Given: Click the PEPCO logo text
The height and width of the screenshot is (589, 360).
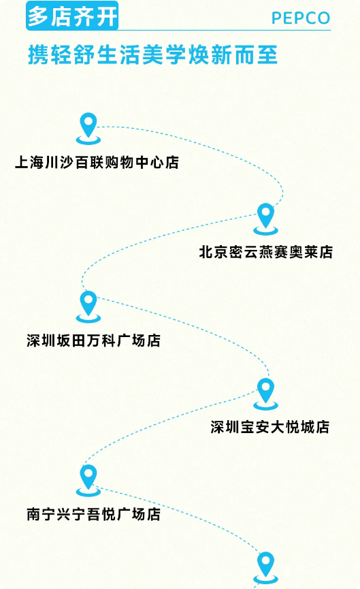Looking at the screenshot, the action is coord(301,18).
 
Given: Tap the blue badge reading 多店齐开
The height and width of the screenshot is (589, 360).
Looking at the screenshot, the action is coord(72,16).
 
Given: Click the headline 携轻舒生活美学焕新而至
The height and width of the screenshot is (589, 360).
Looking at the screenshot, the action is coord(153,55).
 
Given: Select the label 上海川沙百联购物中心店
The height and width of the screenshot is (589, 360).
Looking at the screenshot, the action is coord(97,163).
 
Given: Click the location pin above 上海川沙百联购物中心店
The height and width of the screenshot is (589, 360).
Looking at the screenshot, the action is coord(88,129).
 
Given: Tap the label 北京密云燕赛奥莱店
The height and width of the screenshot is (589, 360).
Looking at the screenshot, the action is coord(266,252).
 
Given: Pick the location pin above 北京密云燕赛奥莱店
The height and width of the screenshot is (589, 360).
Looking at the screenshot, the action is coord(265,219).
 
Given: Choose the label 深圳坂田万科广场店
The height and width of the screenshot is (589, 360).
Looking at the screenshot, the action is coord(93,340).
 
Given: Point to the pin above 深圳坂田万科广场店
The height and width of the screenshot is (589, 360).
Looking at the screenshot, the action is coord(88,307).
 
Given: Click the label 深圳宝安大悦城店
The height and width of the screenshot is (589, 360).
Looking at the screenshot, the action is coord(270,427).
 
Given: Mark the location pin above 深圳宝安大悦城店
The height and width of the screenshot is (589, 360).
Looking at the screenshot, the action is coord(265,394).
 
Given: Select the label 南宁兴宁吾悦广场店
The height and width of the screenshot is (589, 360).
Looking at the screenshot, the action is coord(93,514).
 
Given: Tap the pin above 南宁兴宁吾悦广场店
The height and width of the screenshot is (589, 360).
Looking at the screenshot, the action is coord(88,481).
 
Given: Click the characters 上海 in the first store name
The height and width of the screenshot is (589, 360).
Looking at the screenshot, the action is coord(29,163).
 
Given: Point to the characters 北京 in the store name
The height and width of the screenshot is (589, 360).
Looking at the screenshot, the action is coord(214,252).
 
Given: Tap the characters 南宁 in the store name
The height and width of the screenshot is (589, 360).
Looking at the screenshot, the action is coord(41,514).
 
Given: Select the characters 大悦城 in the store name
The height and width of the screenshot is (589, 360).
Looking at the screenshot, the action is coord(293,427).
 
